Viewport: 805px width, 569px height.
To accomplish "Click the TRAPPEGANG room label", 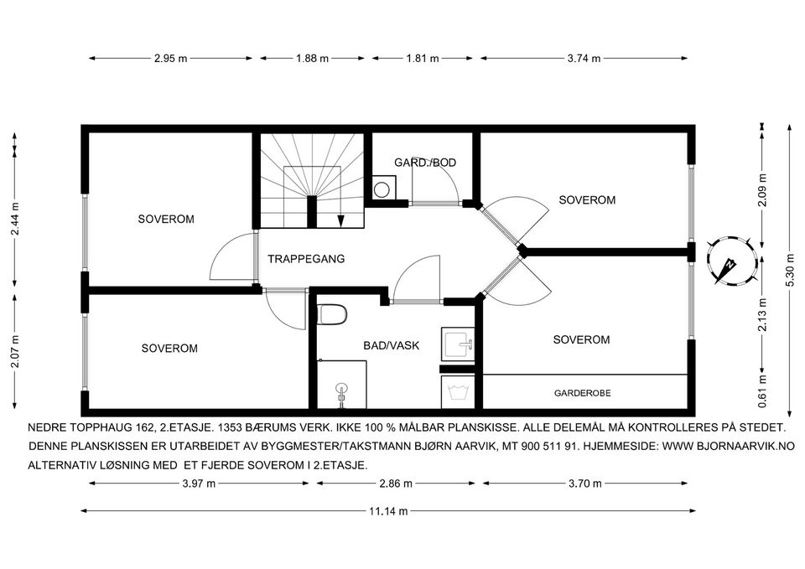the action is [306, 259].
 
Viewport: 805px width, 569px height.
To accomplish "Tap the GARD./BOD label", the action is [425, 163].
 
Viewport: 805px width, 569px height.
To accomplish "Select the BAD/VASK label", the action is [392, 345].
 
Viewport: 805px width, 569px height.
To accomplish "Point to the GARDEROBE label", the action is [582, 393].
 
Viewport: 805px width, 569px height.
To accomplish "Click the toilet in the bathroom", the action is [332, 314].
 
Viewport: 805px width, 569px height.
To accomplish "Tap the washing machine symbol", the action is [458, 392].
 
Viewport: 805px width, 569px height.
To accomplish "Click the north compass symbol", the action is [732, 261].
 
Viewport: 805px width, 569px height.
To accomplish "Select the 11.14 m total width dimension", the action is [388, 511].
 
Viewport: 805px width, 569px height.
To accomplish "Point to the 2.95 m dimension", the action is [171, 59].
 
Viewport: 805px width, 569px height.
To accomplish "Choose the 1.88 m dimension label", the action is [312, 59].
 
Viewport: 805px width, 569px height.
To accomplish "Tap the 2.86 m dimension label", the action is [396, 484].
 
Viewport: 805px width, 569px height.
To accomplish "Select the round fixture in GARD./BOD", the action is [382, 189].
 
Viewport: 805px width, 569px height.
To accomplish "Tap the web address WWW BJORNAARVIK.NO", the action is [729, 447].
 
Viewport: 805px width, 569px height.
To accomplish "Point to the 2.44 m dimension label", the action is [15, 218].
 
